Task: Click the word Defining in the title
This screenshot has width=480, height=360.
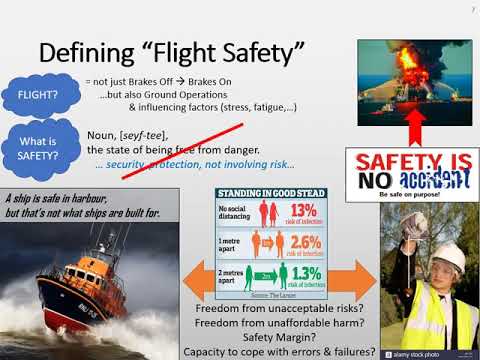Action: coord(90,52)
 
